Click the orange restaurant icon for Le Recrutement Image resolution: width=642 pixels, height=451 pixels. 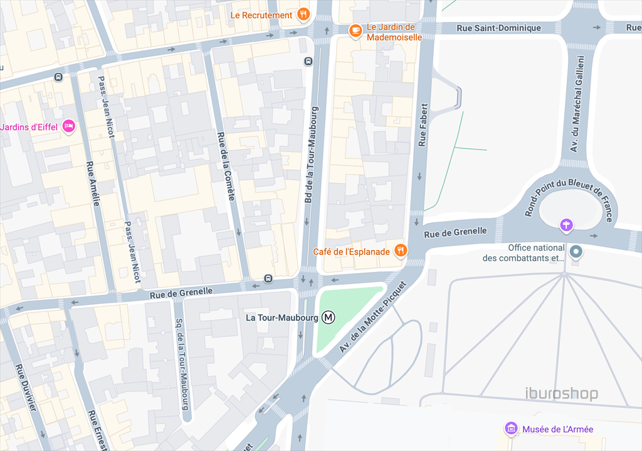pos(303,15)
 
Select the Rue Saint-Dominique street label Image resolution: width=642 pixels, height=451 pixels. pos(498,28)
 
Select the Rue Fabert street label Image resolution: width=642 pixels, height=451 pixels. pos(423,125)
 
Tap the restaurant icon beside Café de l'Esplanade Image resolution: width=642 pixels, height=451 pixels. pos(401,252)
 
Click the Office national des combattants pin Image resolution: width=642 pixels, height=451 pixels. pos(576,252)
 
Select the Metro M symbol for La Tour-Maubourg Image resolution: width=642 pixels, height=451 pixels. pos(329,318)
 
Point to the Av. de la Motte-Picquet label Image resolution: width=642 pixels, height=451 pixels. pos(372,316)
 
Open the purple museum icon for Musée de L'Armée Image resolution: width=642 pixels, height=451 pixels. pos(512,429)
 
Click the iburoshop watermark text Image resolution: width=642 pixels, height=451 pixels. pos(561,394)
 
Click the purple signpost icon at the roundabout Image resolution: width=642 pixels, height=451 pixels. pos(566,224)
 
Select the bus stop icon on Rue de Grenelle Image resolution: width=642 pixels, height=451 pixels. pos(268,278)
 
